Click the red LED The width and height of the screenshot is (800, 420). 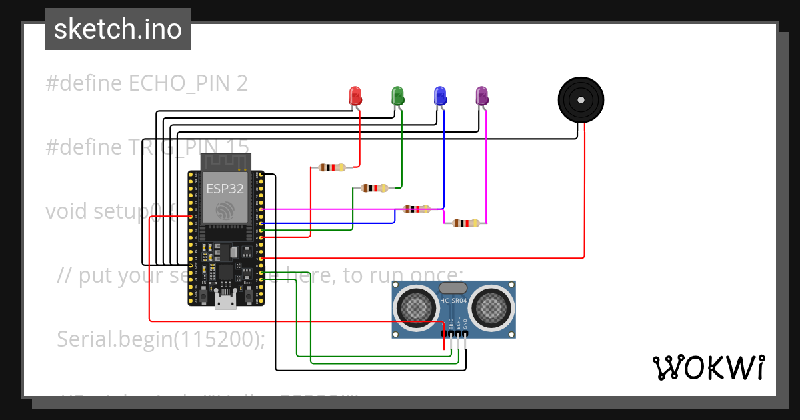[x=355, y=96]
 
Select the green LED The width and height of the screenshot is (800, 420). [x=397, y=96]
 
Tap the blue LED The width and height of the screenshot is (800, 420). [x=439, y=96]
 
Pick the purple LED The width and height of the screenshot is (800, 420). [x=481, y=96]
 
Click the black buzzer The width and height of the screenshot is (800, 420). [x=581, y=100]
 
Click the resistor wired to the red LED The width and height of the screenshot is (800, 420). [x=332, y=167]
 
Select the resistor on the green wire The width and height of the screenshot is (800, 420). [x=374, y=188]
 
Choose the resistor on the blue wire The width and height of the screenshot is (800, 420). [x=416, y=209]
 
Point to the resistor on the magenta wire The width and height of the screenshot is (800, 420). [x=465, y=223]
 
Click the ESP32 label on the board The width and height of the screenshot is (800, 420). [x=225, y=188]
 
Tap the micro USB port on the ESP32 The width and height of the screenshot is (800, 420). [x=225, y=301]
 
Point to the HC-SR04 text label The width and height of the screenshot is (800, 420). [x=454, y=301]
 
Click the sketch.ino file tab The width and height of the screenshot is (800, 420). [x=118, y=29]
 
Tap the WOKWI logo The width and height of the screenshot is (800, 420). [x=708, y=367]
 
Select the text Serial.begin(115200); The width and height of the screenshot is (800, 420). [x=161, y=339]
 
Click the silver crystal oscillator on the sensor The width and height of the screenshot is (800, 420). [x=453, y=288]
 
